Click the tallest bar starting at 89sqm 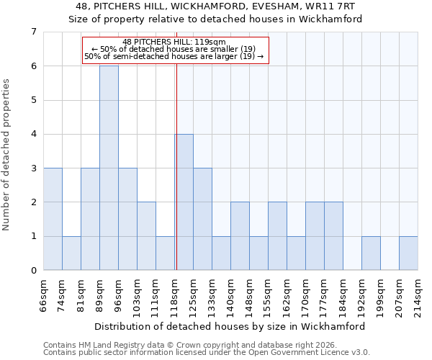click(109, 168)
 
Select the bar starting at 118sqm click(184, 202)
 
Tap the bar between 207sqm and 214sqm click(408, 253)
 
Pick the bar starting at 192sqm click(371, 253)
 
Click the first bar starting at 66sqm click(53, 219)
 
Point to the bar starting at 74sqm click(71, 253)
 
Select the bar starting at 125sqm click(202, 219)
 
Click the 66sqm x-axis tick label click(44, 294)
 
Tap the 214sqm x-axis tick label click(418, 294)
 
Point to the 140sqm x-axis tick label click(231, 294)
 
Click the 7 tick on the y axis click(33, 32)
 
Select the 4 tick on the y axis click(33, 134)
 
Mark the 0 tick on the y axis click(33, 270)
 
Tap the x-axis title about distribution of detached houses click(230, 326)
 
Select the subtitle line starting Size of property click(215, 19)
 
